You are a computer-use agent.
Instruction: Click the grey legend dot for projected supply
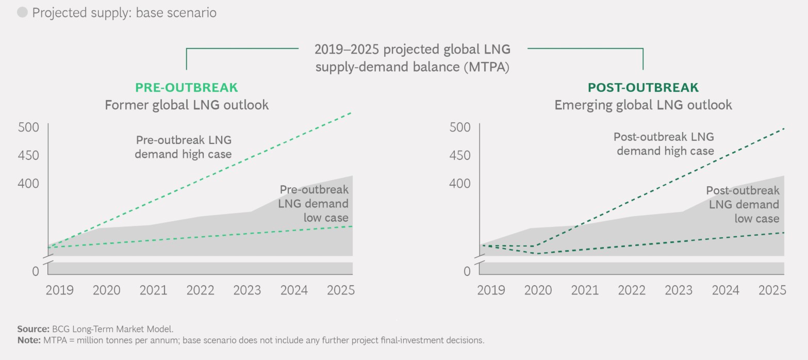pos(23,13)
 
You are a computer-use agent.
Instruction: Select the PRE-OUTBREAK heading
pos(187,87)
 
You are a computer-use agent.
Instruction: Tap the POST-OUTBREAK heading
pos(643,87)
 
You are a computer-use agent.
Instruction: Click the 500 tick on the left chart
pos(28,127)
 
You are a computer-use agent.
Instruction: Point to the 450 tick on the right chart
pos(460,155)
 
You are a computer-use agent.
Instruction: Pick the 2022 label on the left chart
pos(200,290)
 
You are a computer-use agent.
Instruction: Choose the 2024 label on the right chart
pos(725,290)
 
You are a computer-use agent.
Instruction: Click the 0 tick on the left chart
pos(35,271)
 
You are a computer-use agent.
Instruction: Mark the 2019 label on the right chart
pos(491,290)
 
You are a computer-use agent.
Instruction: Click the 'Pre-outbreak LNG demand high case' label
pos(184,147)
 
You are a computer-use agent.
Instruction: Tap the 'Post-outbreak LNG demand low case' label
pos(743,204)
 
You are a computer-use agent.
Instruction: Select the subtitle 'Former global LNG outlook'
pos(187,105)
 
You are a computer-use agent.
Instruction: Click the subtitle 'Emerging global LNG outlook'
pos(643,105)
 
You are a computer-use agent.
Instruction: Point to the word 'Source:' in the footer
pos(34,329)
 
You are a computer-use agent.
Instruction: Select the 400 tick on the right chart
pos(460,184)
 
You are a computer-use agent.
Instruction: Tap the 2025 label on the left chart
pos(341,290)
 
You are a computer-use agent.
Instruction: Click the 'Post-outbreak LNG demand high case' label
pos(664,144)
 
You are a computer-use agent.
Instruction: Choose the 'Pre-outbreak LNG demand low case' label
pos(314,204)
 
